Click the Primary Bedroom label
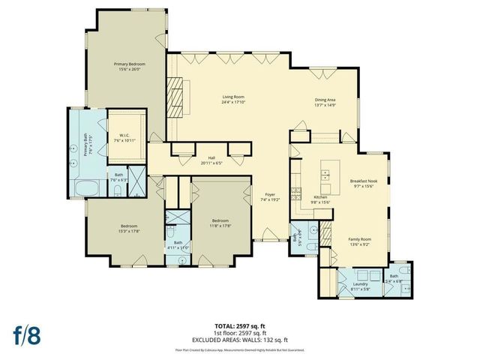[x=129, y=64]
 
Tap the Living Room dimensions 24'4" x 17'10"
[x=236, y=102]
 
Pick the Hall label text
[x=211, y=157]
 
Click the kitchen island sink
[x=328, y=176]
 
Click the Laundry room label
[x=359, y=284]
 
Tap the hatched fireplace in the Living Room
[x=175, y=98]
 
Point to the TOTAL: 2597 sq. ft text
[x=239, y=325]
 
